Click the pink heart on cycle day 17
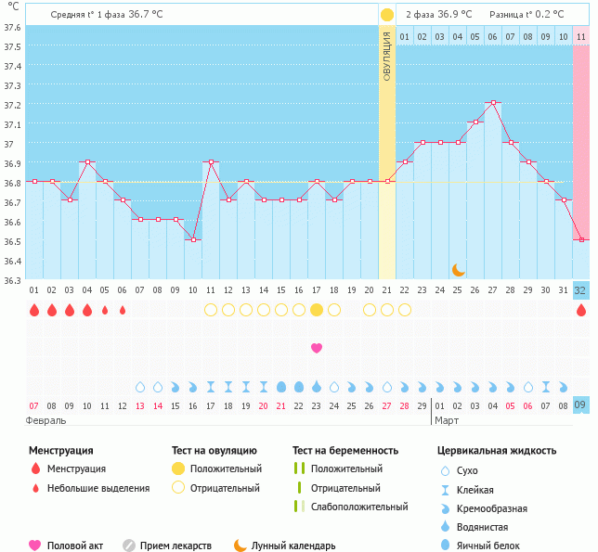317,348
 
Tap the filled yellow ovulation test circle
317,310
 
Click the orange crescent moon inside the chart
459,270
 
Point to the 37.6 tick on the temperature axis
12,27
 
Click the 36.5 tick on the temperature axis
12,241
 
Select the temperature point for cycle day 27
493,103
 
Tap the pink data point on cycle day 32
581,239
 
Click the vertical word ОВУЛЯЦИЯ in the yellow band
386,56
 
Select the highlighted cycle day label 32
581,290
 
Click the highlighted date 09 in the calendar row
581,405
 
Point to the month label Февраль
46,420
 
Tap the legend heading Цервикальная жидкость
497,451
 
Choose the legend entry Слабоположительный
359,507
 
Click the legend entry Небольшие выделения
98,488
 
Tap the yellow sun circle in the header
386,15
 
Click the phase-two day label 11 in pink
581,36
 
